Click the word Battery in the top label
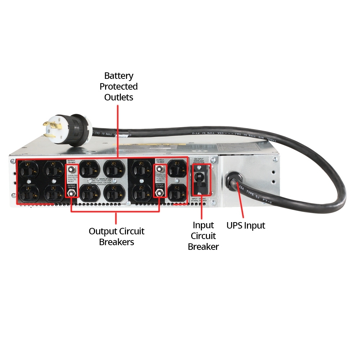coord(118,76)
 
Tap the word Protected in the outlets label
coord(118,87)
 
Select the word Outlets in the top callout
coord(118,97)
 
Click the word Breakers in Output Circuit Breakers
coord(117,242)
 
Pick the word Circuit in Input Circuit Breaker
coord(203,236)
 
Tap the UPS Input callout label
coord(246,226)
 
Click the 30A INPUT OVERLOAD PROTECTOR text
coord(199,160)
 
